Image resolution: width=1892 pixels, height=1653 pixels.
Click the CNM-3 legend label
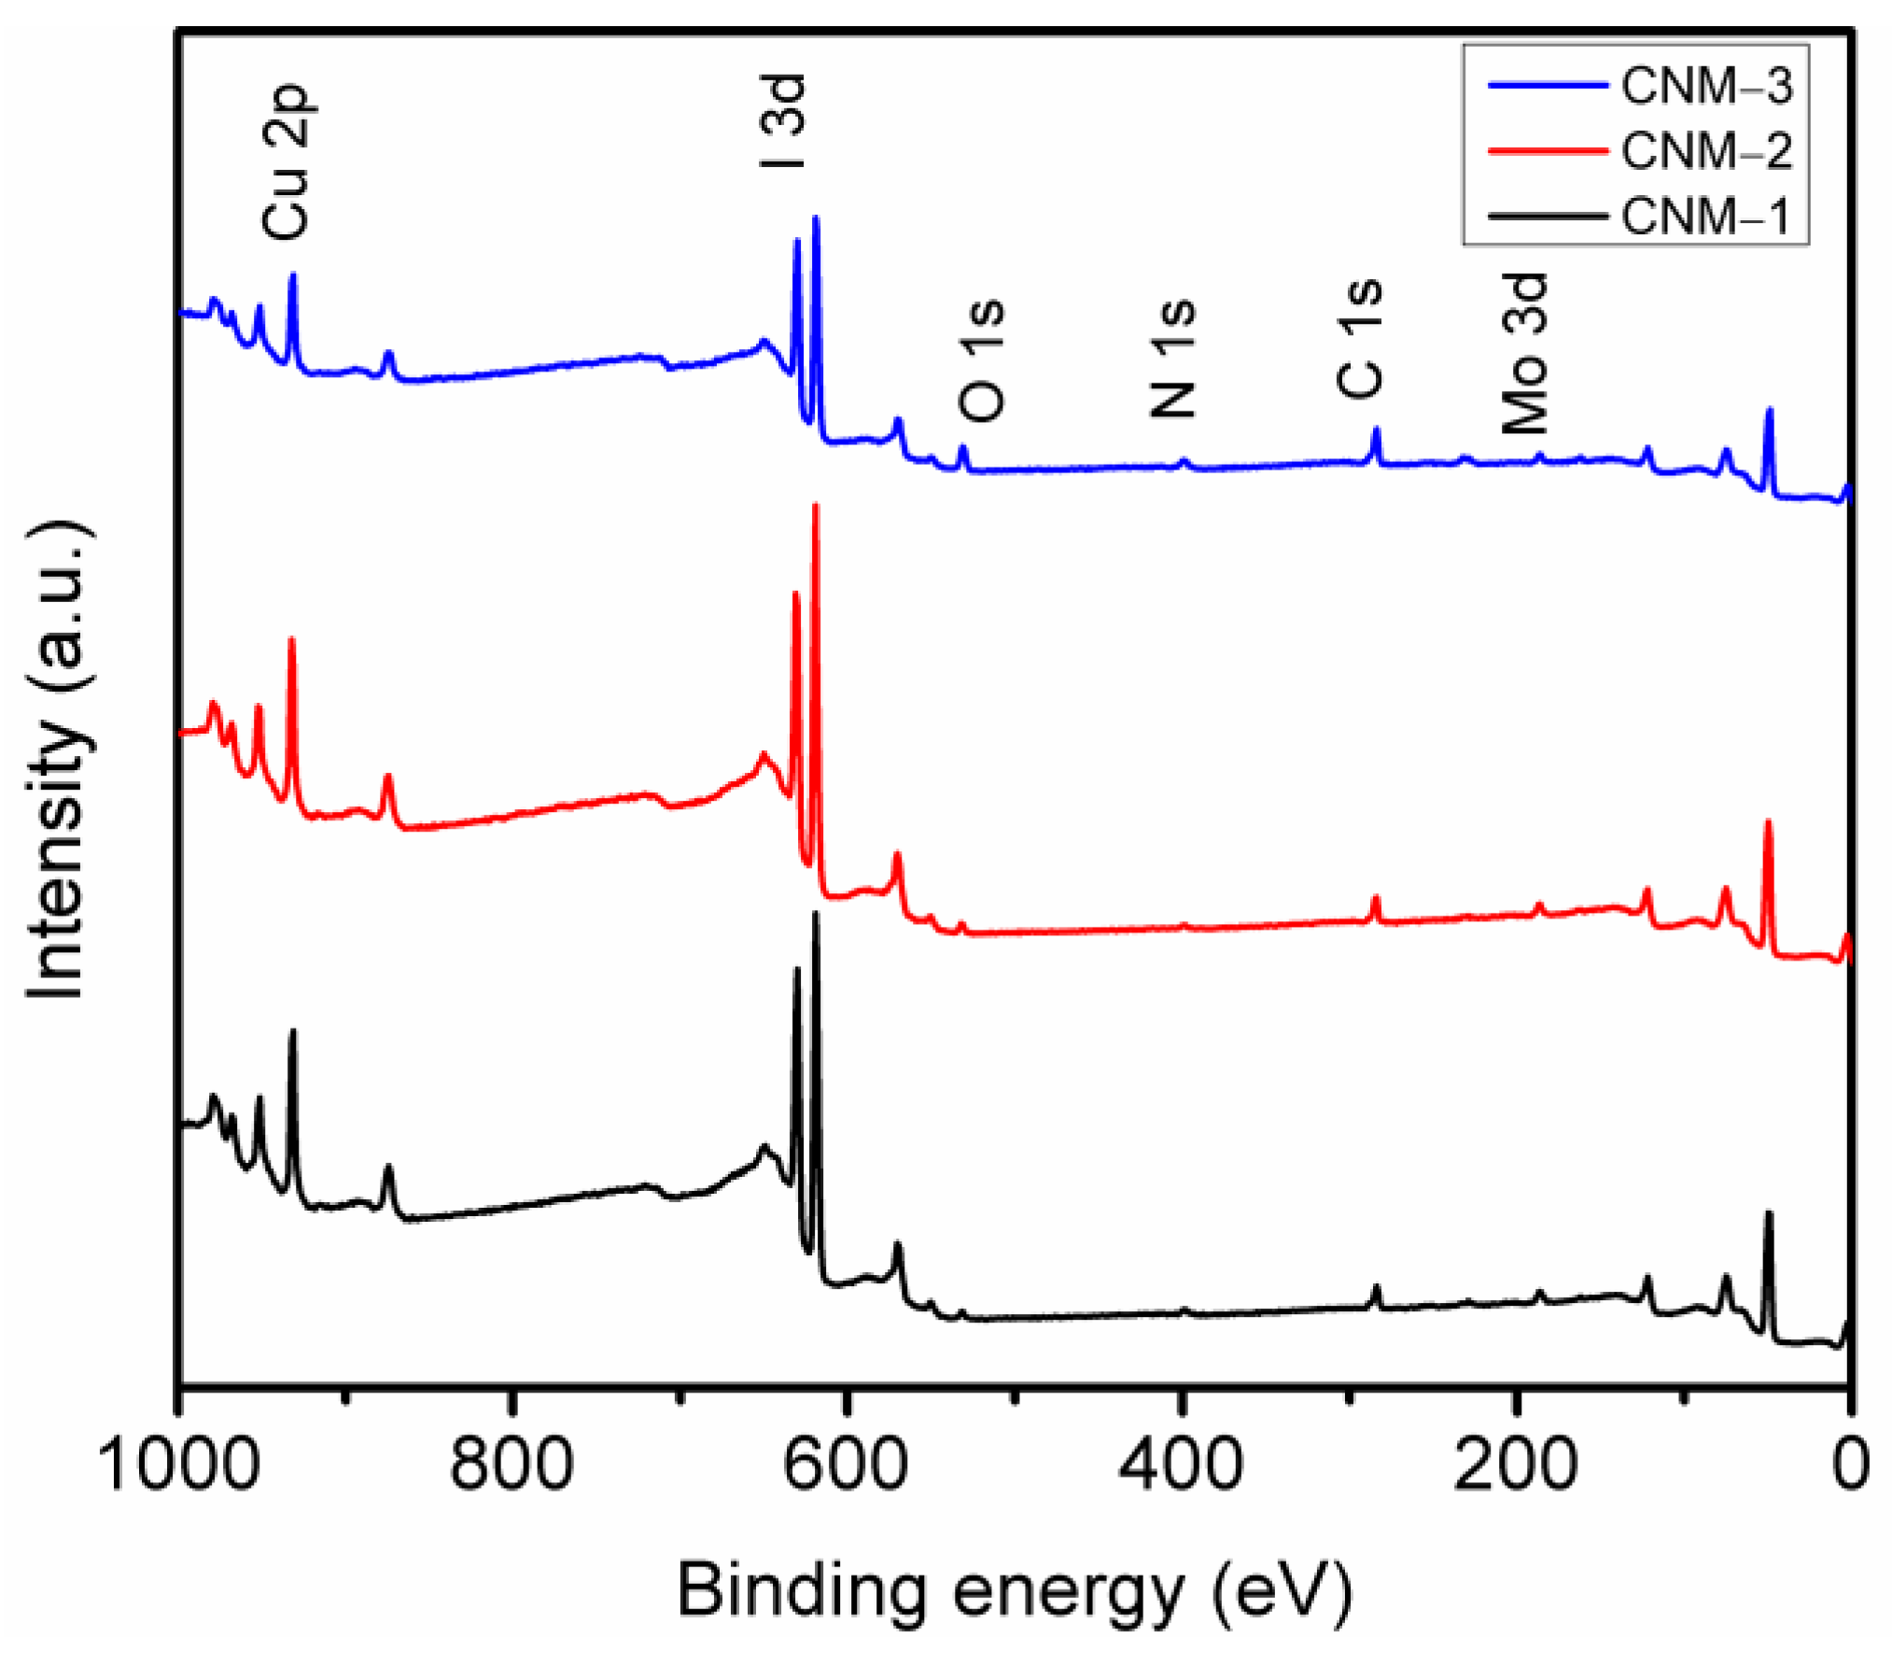[x=1705, y=87]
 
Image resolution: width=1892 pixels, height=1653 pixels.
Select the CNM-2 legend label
[x=1705, y=150]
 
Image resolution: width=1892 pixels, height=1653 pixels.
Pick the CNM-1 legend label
[x=1705, y=216]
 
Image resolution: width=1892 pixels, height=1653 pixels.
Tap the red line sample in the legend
[x=1547, y=150]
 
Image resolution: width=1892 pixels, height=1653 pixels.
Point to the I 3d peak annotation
[x=782, y=121]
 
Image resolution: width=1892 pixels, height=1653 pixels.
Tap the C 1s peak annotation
[x=1360, y=339]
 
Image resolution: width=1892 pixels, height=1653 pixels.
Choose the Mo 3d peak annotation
[x=1525, y=353]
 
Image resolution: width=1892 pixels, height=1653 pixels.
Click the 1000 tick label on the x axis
[x=177, y=1464]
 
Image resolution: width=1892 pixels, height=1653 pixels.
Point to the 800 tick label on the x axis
[x=512, y=1464]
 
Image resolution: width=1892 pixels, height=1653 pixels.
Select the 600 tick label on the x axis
[x=845, y=1464]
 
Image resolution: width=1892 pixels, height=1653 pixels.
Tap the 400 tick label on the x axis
[x=1180, y=1464]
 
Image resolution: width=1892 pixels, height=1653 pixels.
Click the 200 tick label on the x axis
[x=1514, y=1464]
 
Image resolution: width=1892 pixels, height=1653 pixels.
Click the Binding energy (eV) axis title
[x=1014, y=1590]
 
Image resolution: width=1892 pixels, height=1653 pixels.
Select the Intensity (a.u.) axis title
[x=58, y=760]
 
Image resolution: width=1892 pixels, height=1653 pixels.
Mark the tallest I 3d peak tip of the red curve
[x=816, y=506]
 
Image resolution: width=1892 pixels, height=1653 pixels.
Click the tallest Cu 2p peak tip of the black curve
[x=293, y=1031]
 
